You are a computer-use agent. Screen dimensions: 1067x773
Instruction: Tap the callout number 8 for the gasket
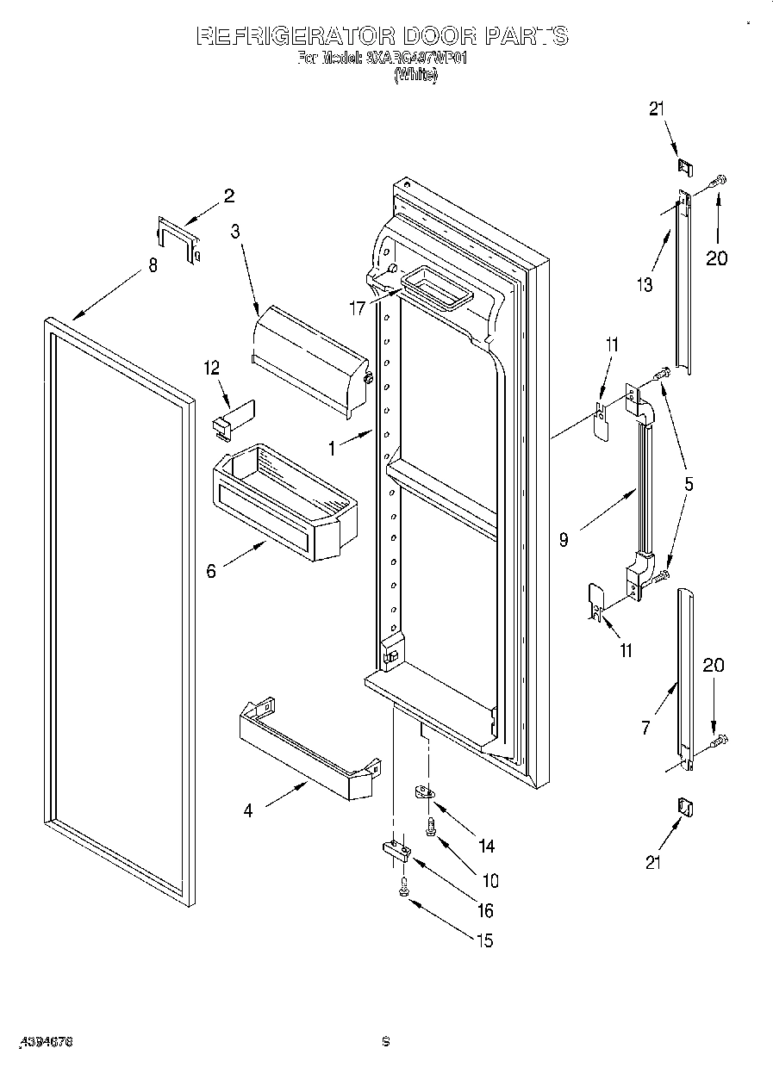(x=153, y=266)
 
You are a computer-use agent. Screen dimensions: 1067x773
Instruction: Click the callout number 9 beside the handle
(x=564, y=540)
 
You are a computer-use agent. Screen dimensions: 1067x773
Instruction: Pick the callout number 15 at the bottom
(x=485, y=940)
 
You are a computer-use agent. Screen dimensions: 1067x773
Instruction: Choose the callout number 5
(x=689, y=484)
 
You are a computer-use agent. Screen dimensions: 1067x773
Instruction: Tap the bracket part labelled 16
(x=396, y=851)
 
